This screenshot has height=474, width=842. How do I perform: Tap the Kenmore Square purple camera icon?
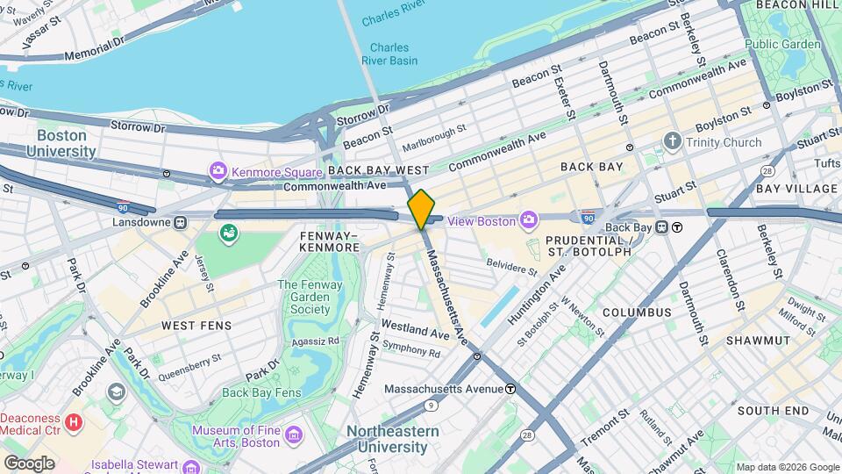[x=217, y=169]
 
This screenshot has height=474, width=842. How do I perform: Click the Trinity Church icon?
[x=673, y=141]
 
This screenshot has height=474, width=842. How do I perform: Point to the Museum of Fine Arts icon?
[x=293, y=435]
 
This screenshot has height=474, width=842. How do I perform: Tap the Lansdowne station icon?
[x=180, y=223]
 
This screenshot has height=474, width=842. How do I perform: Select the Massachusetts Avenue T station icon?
[x=510, y=388]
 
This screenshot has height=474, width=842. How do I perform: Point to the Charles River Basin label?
[x=389, y=54]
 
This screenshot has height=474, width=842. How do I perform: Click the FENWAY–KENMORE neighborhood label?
[x=330, y=241]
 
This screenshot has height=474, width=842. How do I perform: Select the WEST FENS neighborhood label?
[x=196, y=326]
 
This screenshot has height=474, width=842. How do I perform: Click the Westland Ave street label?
[x=415, y=334]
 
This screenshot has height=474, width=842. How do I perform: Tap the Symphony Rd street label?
[x=411, y=351]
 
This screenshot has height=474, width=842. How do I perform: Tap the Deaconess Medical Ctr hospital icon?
[x=74, y=422]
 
